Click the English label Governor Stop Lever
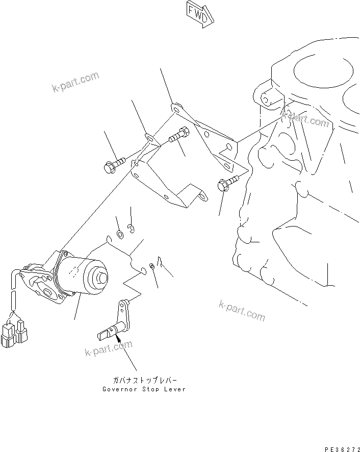[x=143, y=389]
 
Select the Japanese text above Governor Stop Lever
[x=143, y=381]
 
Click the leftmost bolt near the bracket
[x=113, y=165]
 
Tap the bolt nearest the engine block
[x=228, y=183]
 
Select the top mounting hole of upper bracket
[x=174, y=108]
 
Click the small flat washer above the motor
[x=120, y=234]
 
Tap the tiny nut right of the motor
[x=152, y=266]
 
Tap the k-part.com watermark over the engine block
[x=308, y=121]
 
